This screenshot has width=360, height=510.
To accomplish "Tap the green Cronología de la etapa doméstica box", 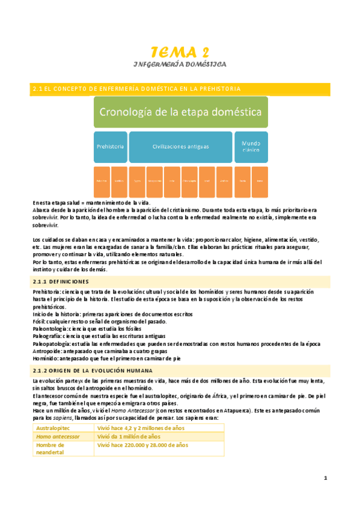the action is [180, 112].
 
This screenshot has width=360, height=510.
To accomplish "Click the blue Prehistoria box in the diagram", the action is [110, 146].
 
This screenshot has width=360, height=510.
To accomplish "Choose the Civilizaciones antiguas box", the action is [180, 146].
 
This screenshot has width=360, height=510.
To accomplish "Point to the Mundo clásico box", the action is [250, 146].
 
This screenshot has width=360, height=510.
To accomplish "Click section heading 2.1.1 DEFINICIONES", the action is [63, 281].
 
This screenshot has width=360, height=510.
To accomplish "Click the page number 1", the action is [325, 478].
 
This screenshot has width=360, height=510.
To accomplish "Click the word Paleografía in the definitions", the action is [50, 336].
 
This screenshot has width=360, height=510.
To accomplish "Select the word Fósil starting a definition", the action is [40, 322].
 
